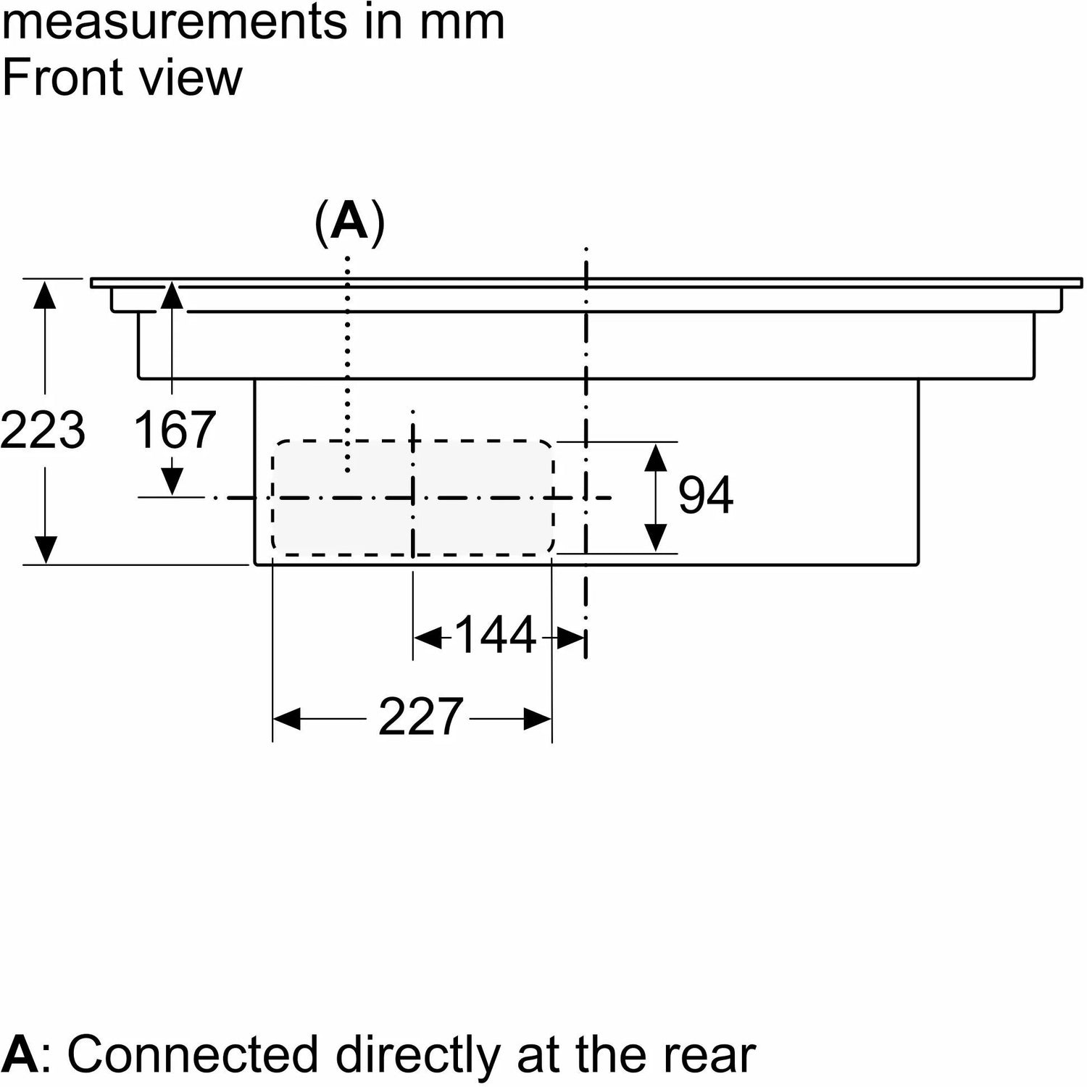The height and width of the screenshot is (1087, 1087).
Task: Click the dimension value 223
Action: click(43, 430)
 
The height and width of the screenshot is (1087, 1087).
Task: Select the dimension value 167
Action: click(175, 430)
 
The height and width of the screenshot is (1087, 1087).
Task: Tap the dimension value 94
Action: click(705, 496)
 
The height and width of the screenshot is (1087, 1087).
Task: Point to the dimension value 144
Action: click(496, 635)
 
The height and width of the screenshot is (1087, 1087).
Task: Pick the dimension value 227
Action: click(420, 717)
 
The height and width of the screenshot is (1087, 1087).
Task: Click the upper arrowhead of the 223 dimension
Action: click(45, 296)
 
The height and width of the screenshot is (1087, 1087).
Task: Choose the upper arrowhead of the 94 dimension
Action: click(655, 458)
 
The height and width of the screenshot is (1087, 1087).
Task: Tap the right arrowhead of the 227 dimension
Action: click(538, 720)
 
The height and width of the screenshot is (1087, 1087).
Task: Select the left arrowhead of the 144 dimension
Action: click(428, 638)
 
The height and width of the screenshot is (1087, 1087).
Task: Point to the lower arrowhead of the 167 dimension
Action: click(172, 481)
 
